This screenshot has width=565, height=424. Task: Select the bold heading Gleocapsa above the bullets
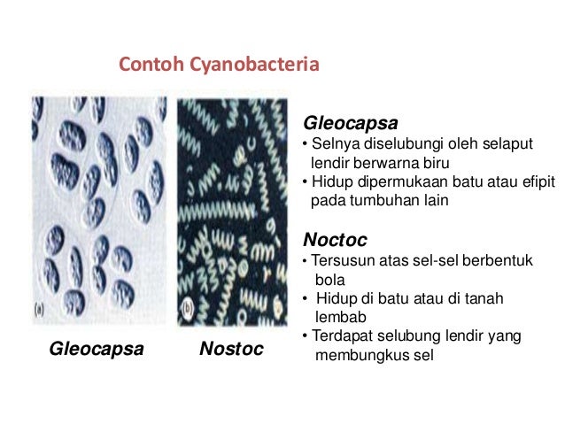coord(351,123)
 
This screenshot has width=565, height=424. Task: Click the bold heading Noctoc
coord(335,240)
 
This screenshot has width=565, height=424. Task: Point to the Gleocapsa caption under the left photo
coord(97,350)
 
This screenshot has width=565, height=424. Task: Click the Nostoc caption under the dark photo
coord(231,350)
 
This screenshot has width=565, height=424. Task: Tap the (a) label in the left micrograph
coord(40,310)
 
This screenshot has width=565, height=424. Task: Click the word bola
coord(330,280)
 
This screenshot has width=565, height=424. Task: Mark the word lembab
coord(338,317)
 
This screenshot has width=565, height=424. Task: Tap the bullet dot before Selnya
coord(306,145)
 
